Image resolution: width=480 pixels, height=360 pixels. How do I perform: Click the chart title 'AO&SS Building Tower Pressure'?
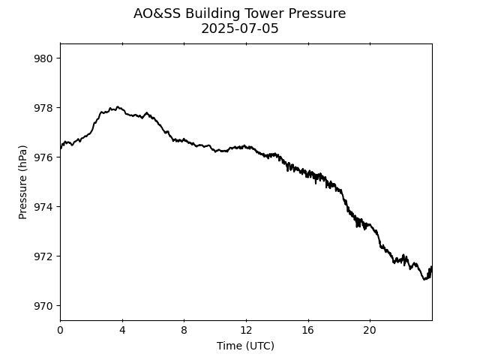[x=239, y=13]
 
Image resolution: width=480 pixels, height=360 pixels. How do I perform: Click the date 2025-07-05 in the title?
[x=239, y=29]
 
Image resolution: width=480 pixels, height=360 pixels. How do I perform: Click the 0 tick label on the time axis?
[x=60, y=331]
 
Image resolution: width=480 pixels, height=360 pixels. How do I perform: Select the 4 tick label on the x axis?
[x=122, y=331]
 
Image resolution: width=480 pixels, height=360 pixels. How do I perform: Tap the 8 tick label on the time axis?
[x=184, y=331]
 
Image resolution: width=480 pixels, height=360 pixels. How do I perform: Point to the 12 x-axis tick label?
[x=246, y=331]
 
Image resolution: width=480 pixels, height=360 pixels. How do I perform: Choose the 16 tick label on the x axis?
[x=307, y=331]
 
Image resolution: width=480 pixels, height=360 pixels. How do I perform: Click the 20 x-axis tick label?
[x=370, y=331]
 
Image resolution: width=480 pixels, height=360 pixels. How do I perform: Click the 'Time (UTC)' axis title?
[x=245, y=346]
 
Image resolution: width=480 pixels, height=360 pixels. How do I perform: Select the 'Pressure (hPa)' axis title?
[x=23, y=182]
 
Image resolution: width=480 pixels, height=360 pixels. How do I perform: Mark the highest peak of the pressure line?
[x=118, y=106]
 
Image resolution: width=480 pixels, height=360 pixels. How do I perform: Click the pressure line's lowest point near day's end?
[x=424, y=280]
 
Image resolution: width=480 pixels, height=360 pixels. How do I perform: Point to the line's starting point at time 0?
[x=61, y=148]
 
